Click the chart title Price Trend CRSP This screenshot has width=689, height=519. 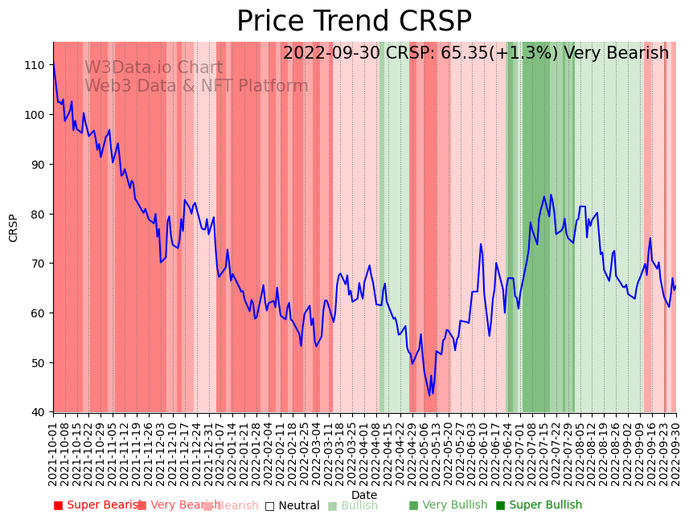click(354, 22)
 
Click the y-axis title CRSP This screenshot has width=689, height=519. click(14, 227)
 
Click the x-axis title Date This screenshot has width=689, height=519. click(364, 495)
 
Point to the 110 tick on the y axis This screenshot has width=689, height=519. click(37, 64)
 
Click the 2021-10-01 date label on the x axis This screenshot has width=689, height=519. click(54, 453)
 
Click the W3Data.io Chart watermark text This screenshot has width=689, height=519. click(154, 68)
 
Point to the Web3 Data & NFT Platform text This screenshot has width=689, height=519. click(196, 86)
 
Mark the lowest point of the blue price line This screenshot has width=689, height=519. click(429, 394)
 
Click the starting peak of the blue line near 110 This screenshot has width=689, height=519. click(54, 66)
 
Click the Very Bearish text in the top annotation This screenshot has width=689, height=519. click(617, 54)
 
